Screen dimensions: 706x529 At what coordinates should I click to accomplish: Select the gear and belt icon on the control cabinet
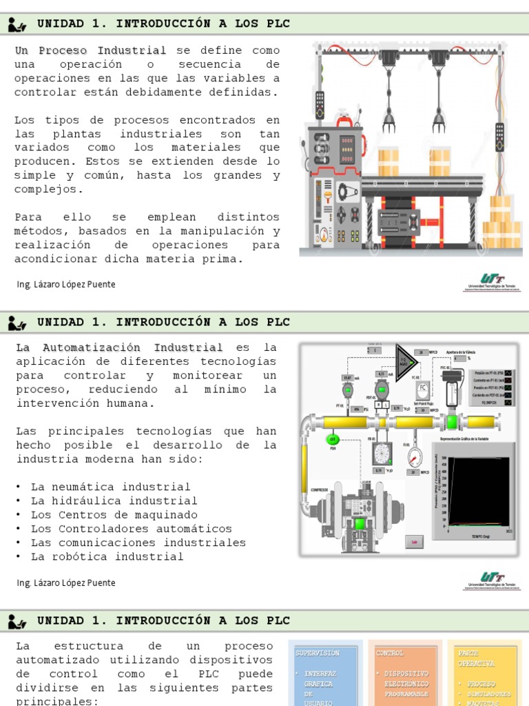[347, 192]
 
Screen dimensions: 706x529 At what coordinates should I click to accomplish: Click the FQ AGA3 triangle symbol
[406, 356]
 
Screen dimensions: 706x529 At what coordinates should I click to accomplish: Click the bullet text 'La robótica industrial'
[107, 556]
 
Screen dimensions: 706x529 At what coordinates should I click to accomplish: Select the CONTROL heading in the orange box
[391, 652]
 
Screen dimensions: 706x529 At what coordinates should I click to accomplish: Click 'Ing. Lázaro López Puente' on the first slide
[65, 284]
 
